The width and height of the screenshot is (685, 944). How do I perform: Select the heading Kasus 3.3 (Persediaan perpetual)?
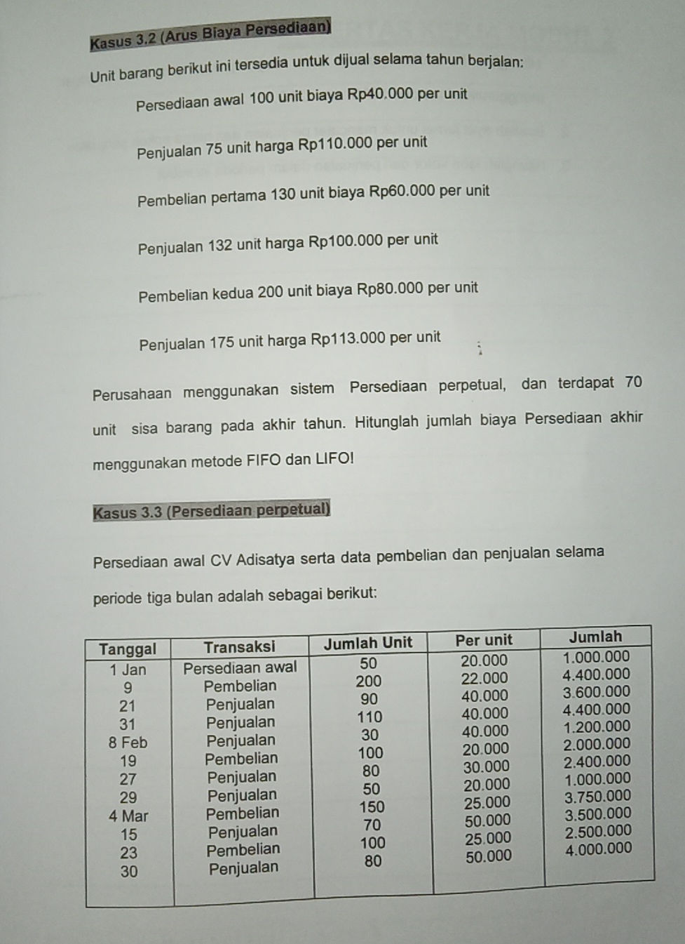(x=211, y=510)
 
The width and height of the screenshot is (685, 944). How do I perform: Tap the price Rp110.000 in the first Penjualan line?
(x=335, y=145)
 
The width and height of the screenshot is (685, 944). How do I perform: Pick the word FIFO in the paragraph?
(x=264, y=460)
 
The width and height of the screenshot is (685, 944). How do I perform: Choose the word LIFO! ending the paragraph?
(x=334, y=458)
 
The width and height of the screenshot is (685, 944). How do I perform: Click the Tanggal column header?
(x=128, y=649)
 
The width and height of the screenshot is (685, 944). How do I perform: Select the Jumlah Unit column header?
(x=368, y=643)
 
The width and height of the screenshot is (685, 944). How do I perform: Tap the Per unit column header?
(x=484, y=640)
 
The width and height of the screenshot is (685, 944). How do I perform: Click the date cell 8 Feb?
(x=128, y=743)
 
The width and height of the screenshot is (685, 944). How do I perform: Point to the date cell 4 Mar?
(x=128, y=816)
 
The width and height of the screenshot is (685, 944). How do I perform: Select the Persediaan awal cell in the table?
(x=240, y=667)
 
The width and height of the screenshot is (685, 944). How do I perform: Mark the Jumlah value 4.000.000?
(x=598, y=849)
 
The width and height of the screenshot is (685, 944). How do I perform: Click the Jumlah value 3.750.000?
(x=597, y=797)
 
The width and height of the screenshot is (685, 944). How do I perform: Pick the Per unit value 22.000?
(x=484, y=678)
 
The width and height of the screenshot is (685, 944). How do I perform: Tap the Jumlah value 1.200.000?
(x=597, y=726)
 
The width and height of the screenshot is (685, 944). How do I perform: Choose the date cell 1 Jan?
(x=128, y=670)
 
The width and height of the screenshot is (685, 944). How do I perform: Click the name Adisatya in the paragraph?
(x=266, y=560)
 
